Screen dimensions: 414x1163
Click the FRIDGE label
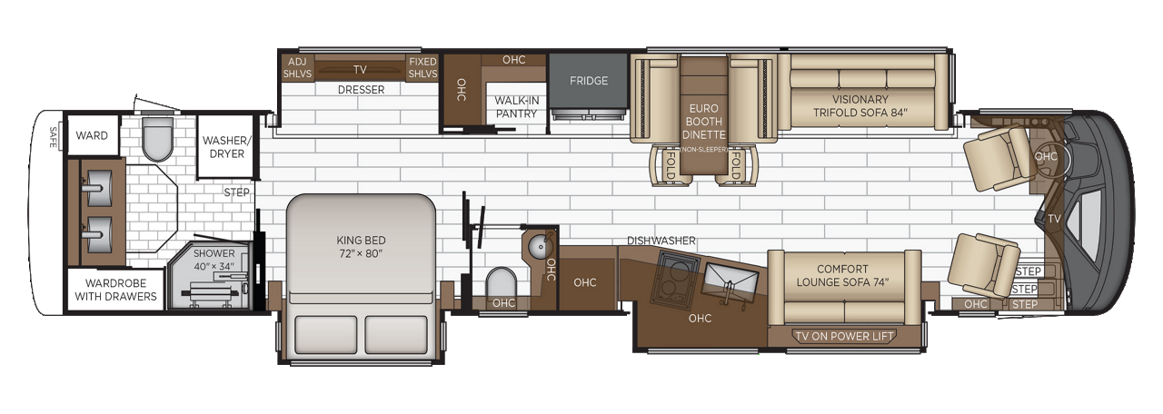[x=589, y=81]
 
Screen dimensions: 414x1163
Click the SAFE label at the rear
[x=53, y=137]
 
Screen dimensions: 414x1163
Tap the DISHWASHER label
[x=661, y=241]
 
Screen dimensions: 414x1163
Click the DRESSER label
[x=361, y=90]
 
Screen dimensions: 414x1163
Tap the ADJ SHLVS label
[x=296, y=68]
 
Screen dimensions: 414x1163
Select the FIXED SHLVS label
[x=422, y=68]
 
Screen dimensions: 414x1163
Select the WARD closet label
[x=92, y=136]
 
